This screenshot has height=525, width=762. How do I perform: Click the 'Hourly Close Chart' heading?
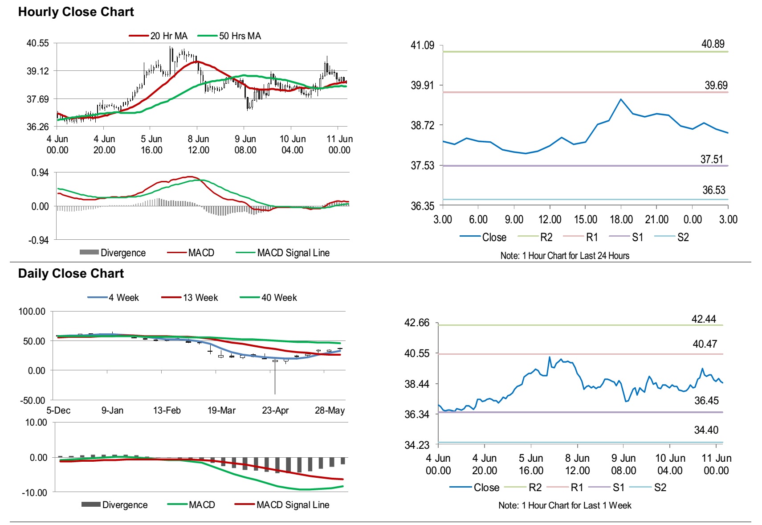tap(76, 12)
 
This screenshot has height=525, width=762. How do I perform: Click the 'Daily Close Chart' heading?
tap(71, 273)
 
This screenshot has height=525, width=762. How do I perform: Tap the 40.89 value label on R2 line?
tap(713, 44)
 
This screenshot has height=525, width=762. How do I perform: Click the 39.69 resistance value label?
tap(716, 85)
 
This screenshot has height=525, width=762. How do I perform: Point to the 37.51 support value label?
tap(711, 159)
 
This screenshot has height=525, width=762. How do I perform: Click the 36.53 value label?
tap(713, 190)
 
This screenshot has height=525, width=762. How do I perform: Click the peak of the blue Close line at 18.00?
tap(621, 99)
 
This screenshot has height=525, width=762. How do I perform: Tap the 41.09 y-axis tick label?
tap(422, 45)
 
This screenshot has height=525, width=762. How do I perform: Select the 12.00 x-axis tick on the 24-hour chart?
tap(550, 219)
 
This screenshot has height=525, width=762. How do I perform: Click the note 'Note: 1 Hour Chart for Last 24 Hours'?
tap(565, 256)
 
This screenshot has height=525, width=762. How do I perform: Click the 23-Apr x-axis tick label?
tap(275, 410)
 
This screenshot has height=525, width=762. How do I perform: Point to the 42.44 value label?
tap(703, 319)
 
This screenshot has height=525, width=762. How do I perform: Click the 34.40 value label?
tap(706, 430)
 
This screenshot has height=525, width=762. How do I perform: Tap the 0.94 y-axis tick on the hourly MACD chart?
tap(40, 172)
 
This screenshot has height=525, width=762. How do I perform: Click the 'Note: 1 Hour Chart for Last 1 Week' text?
tap(565, 505)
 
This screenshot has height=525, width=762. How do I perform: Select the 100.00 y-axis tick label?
tap(32, 312)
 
